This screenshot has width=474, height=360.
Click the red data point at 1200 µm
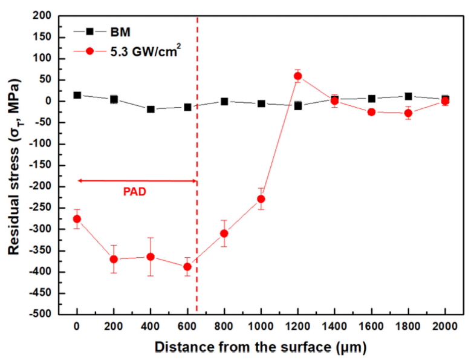tap(297, 76)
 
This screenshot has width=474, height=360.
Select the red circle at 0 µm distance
tap(77, 219)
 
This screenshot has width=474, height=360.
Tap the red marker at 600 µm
tap(187, 266)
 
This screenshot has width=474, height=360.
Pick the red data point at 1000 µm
tap(261, 199)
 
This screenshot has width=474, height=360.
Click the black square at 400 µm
tap(151, 110)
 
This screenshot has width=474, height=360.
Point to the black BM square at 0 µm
tap(77, 95)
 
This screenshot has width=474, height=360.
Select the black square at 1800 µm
tap(409, 96)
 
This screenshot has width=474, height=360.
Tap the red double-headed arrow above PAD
tap(136, 181)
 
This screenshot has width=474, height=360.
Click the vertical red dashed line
tap(197, 151)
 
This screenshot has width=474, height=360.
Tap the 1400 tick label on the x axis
tap(334, 329)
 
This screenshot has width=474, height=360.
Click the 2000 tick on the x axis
tap(446, 329)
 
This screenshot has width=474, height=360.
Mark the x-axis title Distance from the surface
tap(261, 348)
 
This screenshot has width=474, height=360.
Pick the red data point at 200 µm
tap(114, 259)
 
